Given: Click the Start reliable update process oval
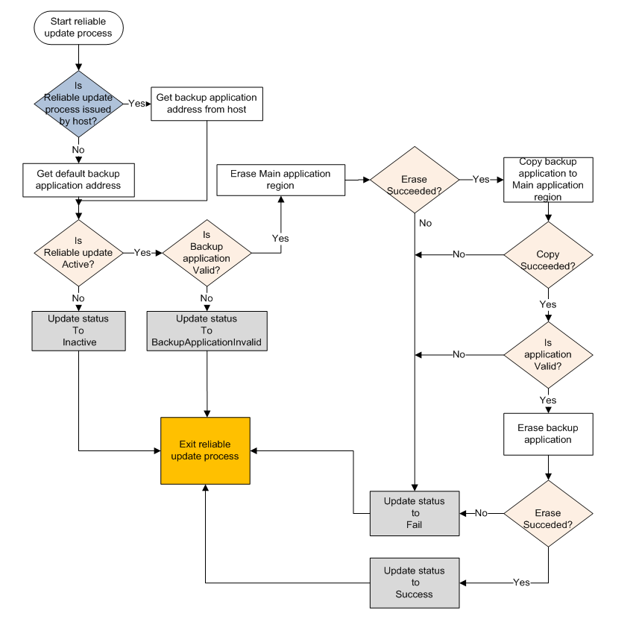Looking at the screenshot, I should (x=78, y=27).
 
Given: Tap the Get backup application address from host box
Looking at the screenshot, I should (x=206, y=104).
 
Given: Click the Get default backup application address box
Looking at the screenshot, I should (x=78, y=179).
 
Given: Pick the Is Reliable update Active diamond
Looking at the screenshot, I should (x=78, y=252).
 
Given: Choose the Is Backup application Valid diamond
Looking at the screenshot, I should (x=207, y=253).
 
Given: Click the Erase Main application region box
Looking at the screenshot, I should (x=280, y=180).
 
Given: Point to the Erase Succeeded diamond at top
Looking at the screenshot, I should (x=415, y=180).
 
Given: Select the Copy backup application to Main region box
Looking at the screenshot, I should (x=548, y=179).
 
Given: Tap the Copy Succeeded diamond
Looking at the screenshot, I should (x=548, y=254).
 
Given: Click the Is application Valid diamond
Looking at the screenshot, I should (x=548, y=354).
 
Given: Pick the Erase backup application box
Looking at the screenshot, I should (x=548, y=433).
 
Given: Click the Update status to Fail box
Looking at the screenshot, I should (x=415, y=513).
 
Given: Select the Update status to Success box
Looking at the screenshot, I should (x=415, y=582).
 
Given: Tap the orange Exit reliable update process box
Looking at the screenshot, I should (x=205, y=450).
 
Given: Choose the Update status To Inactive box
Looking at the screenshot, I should (x=78, y=330).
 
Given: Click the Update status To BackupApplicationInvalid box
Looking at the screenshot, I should (x=207, y=330).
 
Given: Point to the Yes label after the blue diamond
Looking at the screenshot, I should (x=136, y=104).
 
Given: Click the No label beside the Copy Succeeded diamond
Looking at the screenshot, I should (x=459, y=254).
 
